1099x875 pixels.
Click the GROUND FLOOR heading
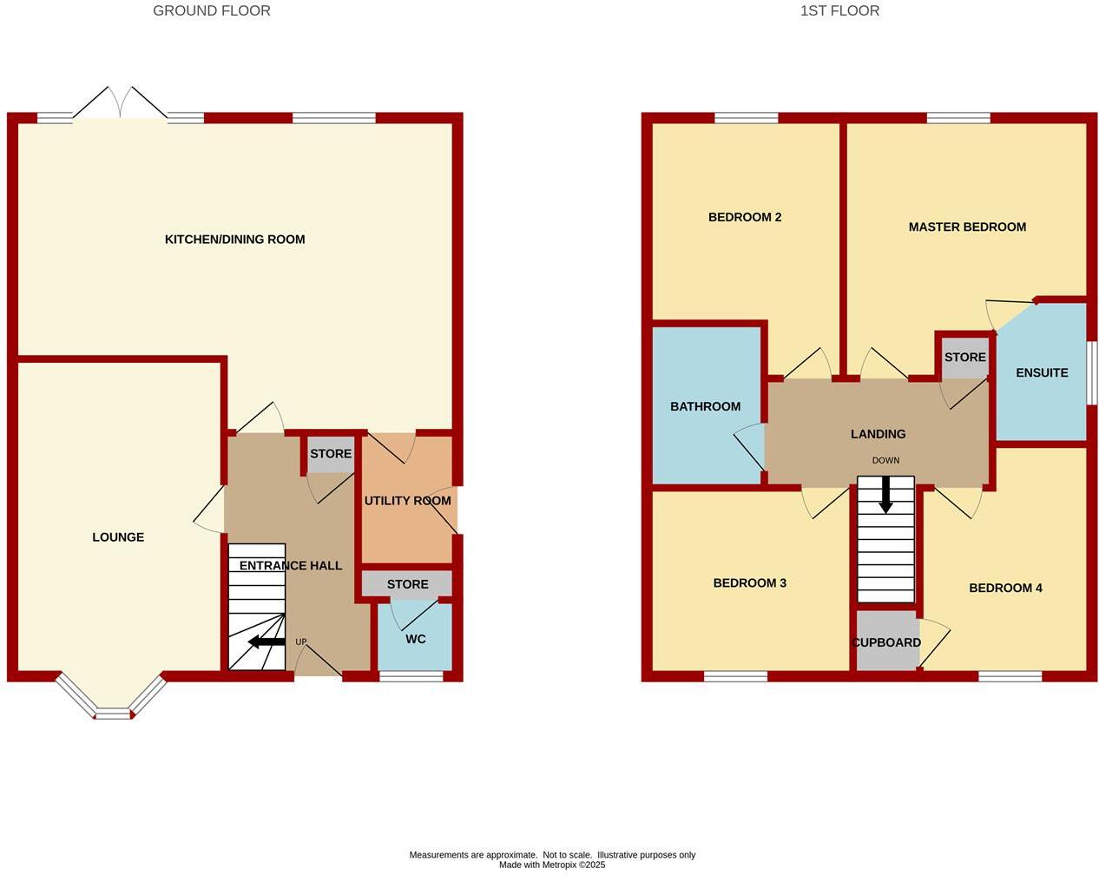click(x=211, y=11)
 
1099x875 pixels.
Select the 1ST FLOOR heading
click(x=839, y=11)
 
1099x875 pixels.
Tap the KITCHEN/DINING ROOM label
click(x=234, y=240)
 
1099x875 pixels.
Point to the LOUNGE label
click(x=118, y=537)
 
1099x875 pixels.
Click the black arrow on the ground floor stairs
click(x=267, y=642)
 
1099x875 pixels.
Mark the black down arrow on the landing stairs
click(x=885, y=496)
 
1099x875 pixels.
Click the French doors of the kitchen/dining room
click(x=120, y=104)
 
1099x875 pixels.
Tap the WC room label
click(x=416, y=639)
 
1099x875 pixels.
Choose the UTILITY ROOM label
click(x=407, y=501)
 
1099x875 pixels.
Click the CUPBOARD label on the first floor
click(x=886, y=642)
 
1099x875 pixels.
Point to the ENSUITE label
click(x=1042, y=372)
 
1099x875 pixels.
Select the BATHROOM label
click(x=705, y=406)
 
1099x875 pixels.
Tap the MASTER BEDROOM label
click(x=967, y=227)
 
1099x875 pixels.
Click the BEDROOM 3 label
click(x=749, y=583)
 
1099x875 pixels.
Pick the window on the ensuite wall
click(x=1091, y=372)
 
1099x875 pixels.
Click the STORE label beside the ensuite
click(x=964, y=358)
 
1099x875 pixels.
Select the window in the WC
click(x=411, y=676)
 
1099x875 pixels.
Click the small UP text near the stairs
click(x=300, y=642)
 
